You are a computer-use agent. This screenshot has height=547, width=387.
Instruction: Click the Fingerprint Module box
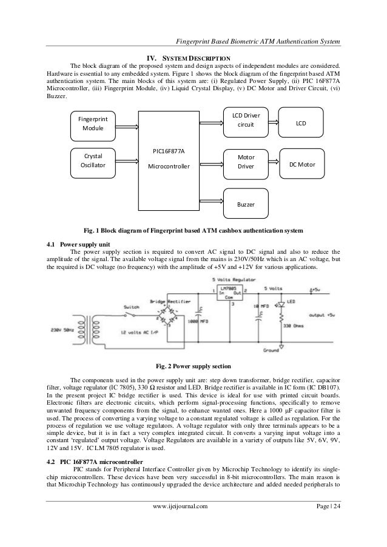(x=93, y=125)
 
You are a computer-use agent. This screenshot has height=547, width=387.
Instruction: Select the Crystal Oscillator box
(x=93, y=163)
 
